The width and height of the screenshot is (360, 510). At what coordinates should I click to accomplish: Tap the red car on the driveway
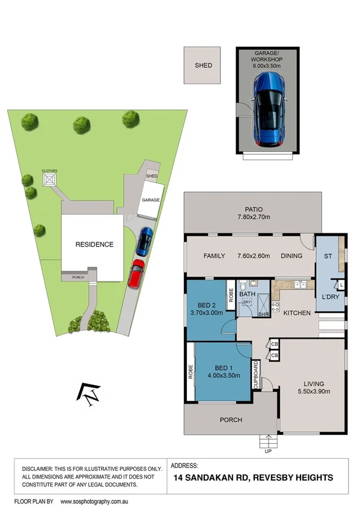coord(136,274)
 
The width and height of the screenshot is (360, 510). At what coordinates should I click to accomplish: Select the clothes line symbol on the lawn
coord(49,178)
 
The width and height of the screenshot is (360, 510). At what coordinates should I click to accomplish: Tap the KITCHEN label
coord(296,313)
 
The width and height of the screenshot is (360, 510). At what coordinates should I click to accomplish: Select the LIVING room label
coord(314,384)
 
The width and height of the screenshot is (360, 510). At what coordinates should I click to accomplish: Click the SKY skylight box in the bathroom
coord(247,303)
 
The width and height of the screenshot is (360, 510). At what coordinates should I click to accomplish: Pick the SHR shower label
coord(263,314)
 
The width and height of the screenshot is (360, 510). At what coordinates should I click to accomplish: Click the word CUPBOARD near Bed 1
coord(256,376)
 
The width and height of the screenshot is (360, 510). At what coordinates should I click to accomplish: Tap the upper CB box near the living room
coord(274,345)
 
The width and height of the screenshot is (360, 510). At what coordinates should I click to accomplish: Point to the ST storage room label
coord(328,256)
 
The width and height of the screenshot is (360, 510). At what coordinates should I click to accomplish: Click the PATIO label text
coord(253,209)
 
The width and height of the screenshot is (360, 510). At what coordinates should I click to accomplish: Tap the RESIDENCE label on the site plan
coord(94,245)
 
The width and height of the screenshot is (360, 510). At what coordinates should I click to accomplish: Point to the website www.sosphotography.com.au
coord(96,501)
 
